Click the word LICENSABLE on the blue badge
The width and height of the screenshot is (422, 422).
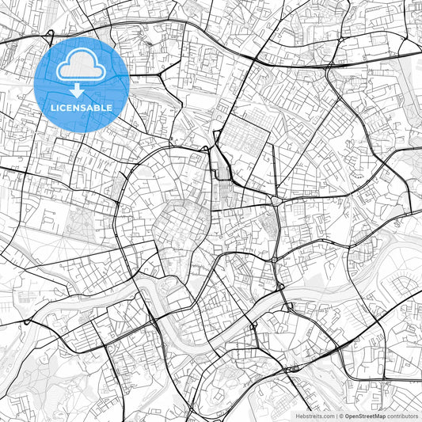point(82,108)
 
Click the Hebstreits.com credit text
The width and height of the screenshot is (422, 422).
point(314,416)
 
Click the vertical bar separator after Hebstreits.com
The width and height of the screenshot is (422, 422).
point(336,416)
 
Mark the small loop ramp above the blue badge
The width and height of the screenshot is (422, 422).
point(50,35)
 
